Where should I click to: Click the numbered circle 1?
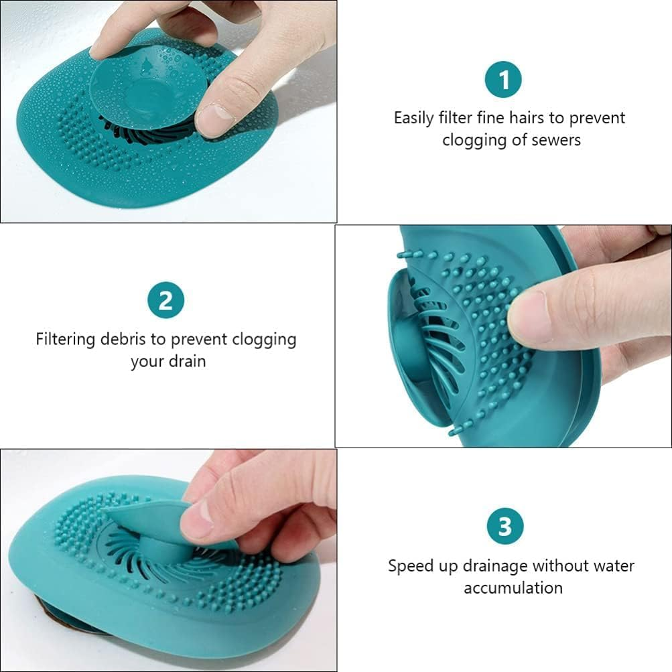coord(503,80)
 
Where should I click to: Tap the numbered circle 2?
coord(165,301)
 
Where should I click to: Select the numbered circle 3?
coord(504,527)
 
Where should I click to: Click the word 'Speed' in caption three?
coord(409,565)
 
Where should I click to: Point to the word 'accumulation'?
coord(513,588)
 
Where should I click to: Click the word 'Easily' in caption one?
coord(414,119)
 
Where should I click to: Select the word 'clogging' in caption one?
coord(472,141)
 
